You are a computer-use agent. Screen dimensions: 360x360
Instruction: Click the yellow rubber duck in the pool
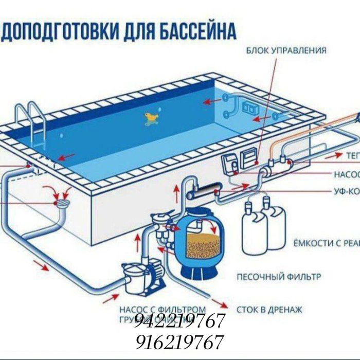(x=151, y=119)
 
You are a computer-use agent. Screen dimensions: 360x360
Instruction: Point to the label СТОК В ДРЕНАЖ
(x=269, y=310)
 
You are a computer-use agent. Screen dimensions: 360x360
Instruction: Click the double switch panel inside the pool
(x=250, y=109)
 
